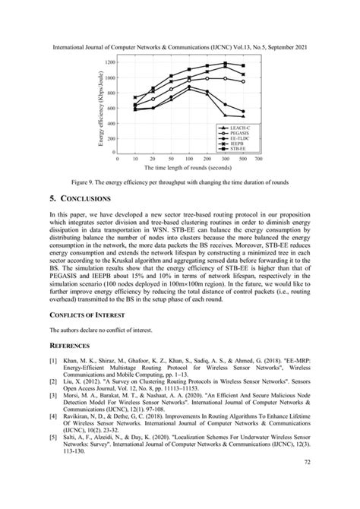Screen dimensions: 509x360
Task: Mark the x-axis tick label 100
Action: point(189,159)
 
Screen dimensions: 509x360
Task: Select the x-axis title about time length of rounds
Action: point(188,167)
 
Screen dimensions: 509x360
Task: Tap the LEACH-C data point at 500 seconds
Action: point(243,116)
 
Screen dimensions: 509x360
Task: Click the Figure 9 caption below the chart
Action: point(179,183)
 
